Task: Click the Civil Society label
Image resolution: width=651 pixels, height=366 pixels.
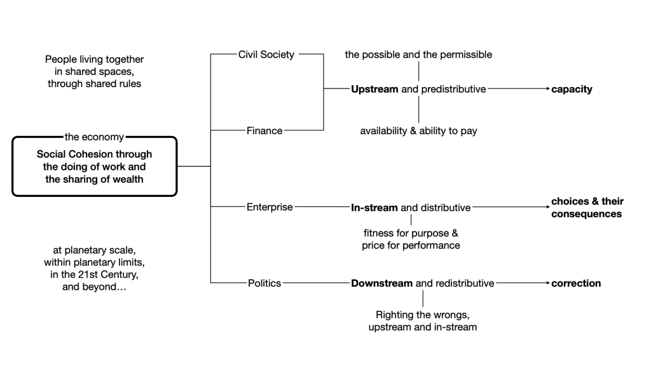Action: (266, 55)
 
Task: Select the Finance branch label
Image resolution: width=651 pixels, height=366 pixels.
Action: (264, 131)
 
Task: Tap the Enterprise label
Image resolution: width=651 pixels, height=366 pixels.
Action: (270, 207)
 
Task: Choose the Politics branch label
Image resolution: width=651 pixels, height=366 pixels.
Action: (264, 283)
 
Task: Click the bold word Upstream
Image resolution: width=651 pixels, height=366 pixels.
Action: (374, 90)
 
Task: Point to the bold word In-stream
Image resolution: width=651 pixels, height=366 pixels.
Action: (374, 207)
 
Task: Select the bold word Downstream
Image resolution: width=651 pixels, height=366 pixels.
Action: (381, 283)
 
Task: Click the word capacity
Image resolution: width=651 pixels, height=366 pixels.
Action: (572, 90)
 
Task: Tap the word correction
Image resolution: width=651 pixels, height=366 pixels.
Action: (576, 283)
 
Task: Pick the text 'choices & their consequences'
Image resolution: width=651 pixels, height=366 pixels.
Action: (587, 208)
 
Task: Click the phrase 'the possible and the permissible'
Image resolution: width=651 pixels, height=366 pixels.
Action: (418, 55)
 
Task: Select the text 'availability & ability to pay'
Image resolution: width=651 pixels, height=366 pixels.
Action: (418, 131)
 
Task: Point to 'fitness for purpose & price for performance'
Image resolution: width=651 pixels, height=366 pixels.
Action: (411, 239)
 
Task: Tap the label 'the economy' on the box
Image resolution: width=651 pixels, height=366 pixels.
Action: (94, 137)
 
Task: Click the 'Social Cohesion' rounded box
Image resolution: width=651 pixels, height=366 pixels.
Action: (94, 166)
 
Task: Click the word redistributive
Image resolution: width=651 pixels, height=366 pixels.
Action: (462, 283)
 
